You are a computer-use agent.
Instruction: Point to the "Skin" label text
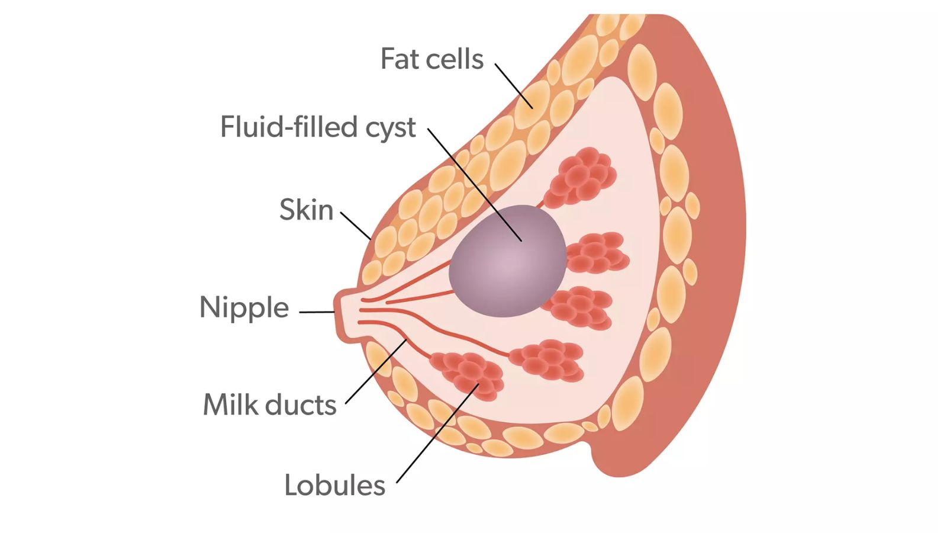click(306, 210)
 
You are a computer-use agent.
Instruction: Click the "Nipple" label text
click(244, 308)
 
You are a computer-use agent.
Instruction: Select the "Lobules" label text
click(334, 486)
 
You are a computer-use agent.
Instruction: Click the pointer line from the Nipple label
click(317, 312)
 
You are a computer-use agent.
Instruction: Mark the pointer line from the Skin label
click(356, 226)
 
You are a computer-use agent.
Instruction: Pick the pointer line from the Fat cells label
click(513, 86)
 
